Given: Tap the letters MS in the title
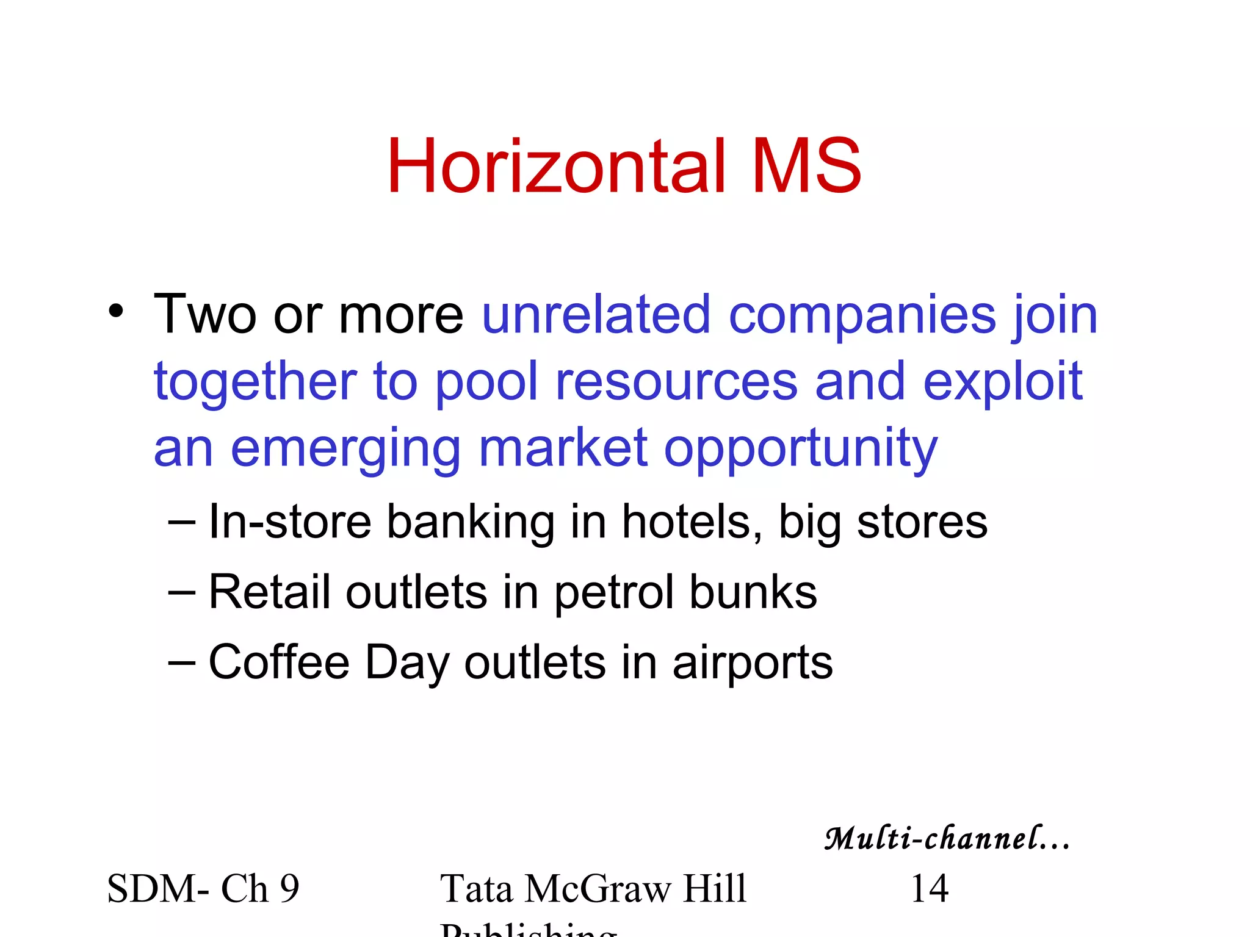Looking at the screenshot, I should point(807,166).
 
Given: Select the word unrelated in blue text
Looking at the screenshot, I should point(596,315).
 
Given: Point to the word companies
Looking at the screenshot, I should point(862,316).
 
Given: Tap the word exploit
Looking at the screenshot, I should point(1002,383).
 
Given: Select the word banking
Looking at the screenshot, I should point(470,523).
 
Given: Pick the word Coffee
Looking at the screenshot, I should point(279,662).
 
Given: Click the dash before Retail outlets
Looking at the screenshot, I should point(181,592).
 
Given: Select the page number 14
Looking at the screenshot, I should point(929,888).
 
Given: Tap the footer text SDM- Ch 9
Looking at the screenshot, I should point(203,888).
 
